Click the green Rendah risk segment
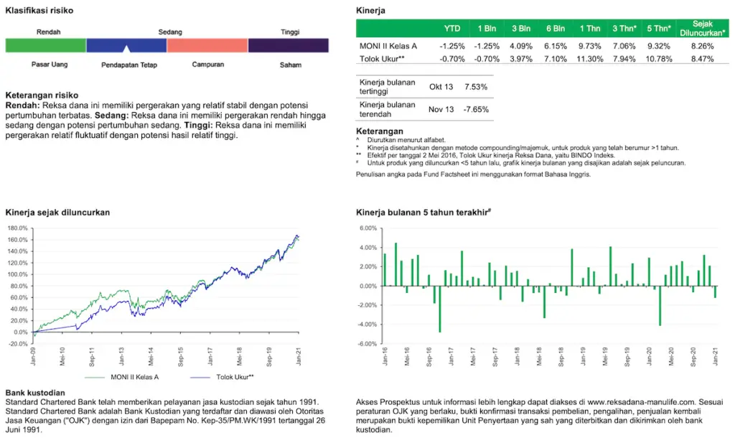[x=46, y=45]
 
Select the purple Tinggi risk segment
[x=289, y=45]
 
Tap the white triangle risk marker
[x=127, y=49]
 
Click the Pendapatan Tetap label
[x=129, y=65]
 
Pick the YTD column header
[x=452, y=29]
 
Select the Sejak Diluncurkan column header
[x=703, y=29]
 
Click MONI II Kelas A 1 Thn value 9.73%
[x=589, y=46]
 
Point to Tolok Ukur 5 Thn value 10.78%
[x=659, y=59]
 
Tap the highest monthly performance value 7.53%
[x=476, y=87]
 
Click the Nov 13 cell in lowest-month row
[x=441, y=109]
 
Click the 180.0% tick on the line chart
[x=17, y=228]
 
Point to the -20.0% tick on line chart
[x=17, y=344]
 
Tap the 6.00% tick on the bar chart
[x=367, y=228]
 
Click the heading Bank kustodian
[x=35, y=393]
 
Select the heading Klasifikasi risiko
[x=39, y=11]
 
